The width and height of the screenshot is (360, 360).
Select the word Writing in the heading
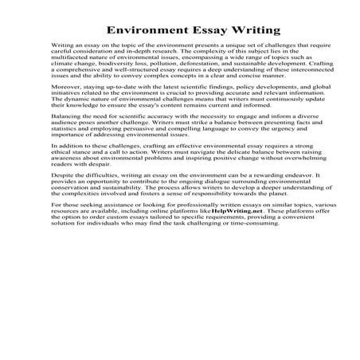pos(253,31)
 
